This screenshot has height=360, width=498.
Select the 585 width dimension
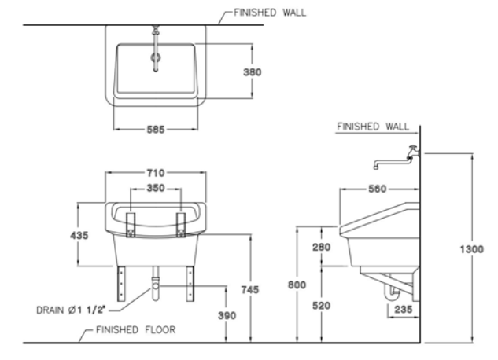pos(155,130)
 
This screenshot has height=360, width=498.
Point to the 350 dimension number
pos(156,189)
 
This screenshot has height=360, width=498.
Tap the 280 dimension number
pos(321,247)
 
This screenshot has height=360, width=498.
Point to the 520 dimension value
pos(321,305)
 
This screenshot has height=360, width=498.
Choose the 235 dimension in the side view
pos(402,310)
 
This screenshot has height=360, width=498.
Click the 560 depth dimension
pos(378,189)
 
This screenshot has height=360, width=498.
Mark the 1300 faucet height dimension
pos(472,248)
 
